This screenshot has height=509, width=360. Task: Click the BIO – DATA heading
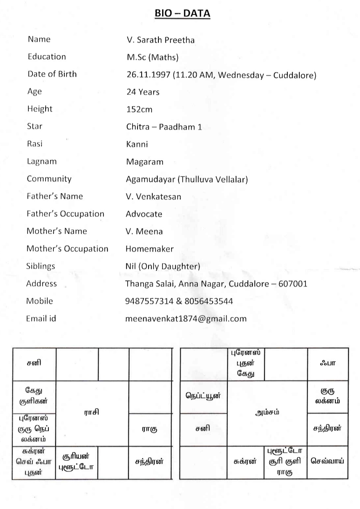182,14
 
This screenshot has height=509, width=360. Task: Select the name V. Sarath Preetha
160,40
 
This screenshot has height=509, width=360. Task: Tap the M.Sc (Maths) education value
152,57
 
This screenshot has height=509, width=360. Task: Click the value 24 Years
142,92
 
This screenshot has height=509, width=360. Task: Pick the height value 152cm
139,109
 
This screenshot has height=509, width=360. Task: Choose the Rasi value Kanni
137,144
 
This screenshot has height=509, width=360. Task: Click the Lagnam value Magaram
144,162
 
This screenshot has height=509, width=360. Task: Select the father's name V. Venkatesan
153,196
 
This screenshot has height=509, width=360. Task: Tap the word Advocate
144,214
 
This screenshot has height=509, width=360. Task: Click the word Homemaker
149,249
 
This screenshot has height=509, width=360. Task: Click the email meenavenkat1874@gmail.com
186,318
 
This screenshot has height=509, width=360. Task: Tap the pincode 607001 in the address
293,283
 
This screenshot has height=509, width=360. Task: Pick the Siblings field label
41,266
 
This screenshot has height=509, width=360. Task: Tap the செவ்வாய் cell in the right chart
327,461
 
